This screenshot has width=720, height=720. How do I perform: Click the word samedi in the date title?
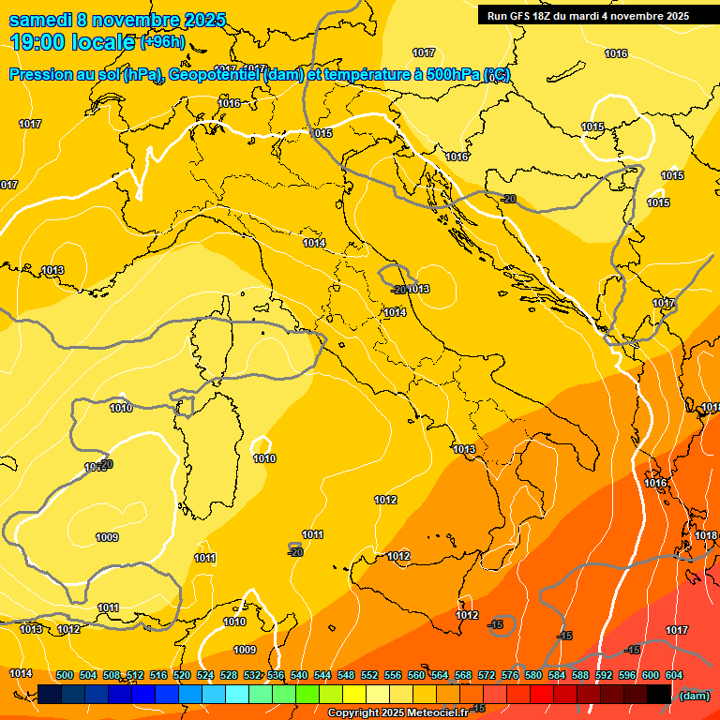pyautogui.click(x=38, y=20)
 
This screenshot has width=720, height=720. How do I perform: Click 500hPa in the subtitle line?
pyautogui.click(x=454, y=75)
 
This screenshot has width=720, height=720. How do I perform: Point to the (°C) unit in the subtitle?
pyautogui.click(x=496, y=75)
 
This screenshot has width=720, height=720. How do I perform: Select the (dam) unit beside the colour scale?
pyautogui.click(x=694, y=696)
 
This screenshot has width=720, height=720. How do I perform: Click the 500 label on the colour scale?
pyautogui.click(x=65, y=675)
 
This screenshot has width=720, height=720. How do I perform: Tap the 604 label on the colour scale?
pyautogui.click(x=674, y=675)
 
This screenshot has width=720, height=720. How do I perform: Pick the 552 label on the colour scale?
pyautogui.click(x=369, y=675)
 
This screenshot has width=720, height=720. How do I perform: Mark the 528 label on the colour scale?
pyautogui.click(x=229, y=675)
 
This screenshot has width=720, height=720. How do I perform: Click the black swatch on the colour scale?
pyautogui.click(x=658, y=694)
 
